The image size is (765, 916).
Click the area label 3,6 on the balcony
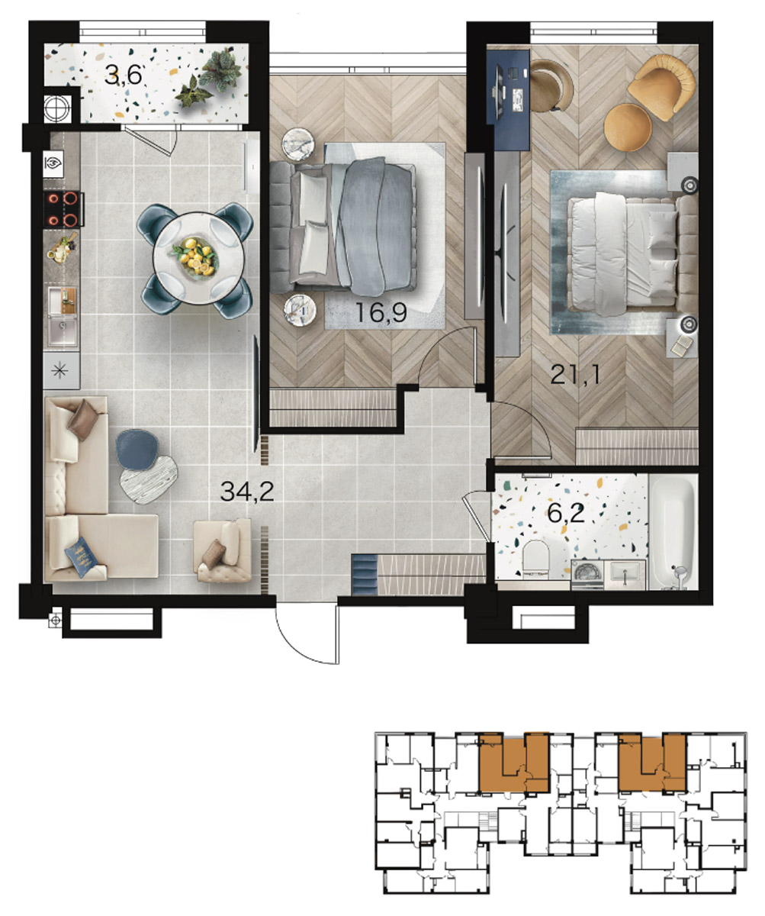(x=124, y=76)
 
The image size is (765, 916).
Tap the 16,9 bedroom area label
(x=381, y=312)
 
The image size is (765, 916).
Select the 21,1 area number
(x=575, y=375)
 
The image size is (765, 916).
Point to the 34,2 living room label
(x=247, y=492)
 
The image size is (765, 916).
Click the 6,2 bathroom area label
(x=566, y=513)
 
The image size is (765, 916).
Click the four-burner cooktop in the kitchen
(x=63, y=209)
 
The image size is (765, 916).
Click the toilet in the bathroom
(x=535, y=559)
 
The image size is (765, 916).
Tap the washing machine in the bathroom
(x=587, y=575)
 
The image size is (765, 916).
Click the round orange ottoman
(x=628, y=127)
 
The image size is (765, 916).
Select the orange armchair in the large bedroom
(x=661, y=86)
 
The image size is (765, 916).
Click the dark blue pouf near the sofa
(x=137, y=450)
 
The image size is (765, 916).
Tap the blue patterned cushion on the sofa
(x=82, y=556)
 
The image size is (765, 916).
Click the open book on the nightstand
(x=682, y=344)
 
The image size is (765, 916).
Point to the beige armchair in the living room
(x=223, y=550)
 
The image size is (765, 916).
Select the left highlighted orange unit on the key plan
(x=514, y=763)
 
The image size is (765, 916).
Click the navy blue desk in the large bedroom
(x=509, y=99)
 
